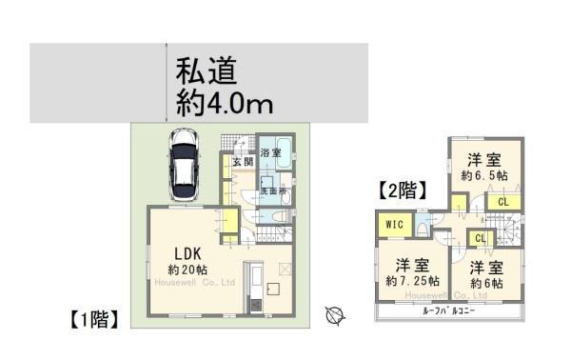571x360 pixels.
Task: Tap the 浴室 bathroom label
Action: click(271, 152)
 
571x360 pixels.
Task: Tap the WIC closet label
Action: click(394, 225)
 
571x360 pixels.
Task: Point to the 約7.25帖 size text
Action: click(412, 281)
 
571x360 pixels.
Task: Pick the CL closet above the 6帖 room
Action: click(480, 238)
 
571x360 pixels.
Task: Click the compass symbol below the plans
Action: click(334, 313)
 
